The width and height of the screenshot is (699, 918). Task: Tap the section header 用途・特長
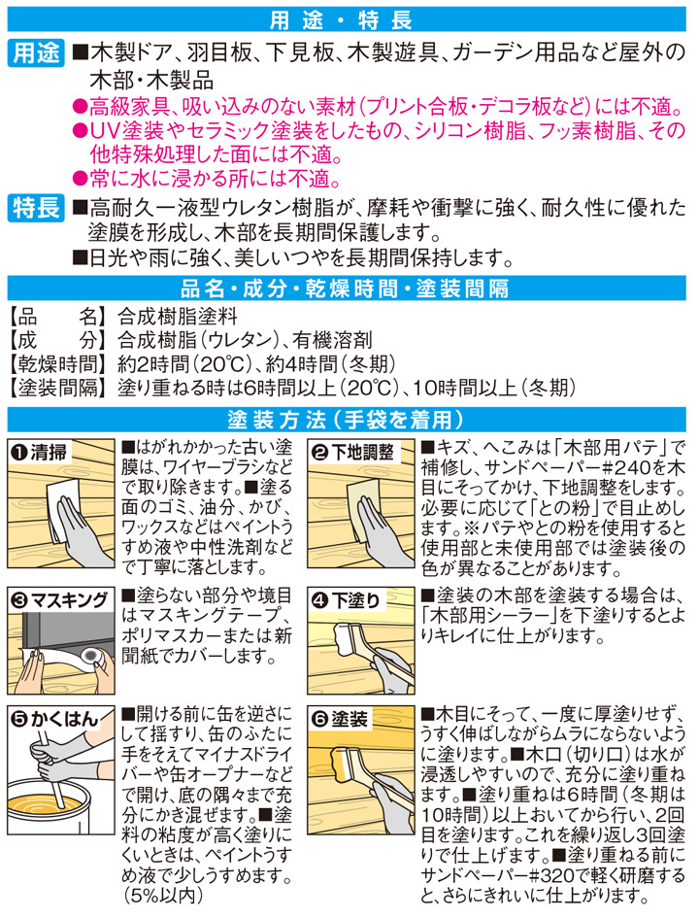pos(349,19)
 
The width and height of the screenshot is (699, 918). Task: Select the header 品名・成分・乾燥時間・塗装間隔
pos(349,289)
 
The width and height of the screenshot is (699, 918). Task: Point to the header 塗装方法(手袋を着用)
pos(349,420)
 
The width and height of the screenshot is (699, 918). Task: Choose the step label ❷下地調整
pos(353,453)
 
